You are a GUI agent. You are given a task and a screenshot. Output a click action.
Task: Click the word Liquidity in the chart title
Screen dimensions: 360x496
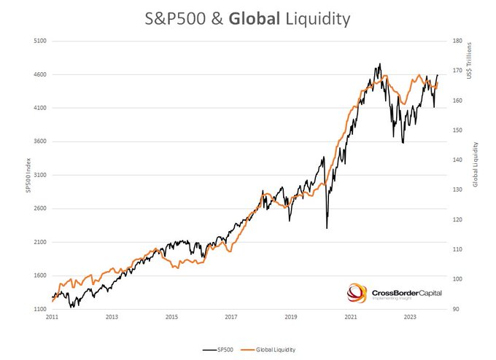coord(317,20)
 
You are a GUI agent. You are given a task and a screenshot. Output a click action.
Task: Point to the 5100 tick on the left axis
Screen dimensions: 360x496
coord(41,42)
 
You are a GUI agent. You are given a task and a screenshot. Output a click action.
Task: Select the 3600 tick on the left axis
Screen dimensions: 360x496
coord(41,141)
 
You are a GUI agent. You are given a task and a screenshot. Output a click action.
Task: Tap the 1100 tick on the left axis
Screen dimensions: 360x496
coord(41,309)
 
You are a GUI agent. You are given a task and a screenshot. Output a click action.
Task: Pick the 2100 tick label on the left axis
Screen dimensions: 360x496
coord(41,242)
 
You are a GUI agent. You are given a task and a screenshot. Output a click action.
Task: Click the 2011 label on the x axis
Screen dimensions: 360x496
coord(52,318)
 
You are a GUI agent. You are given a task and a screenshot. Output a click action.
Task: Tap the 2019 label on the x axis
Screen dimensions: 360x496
coord(291,318)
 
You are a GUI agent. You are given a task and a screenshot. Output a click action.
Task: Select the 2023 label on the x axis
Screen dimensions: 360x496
coord(411,318)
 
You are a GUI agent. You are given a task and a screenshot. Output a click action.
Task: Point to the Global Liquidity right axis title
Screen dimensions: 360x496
coord(476,164)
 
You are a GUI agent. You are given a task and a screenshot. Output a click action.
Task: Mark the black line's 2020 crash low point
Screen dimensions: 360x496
coord(326,228)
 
